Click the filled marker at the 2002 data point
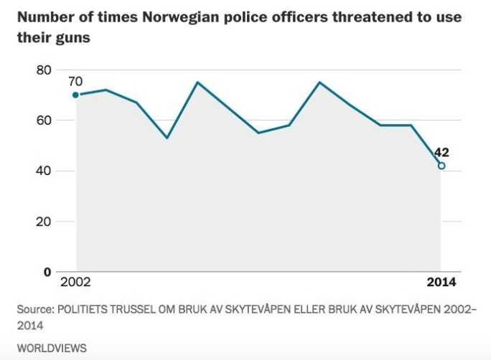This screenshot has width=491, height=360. tap(75, 95)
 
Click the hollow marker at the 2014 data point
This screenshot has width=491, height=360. tap(441, 166)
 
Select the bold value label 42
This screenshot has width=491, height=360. tap(442, 152)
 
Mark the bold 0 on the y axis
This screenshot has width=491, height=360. tap(48, 272)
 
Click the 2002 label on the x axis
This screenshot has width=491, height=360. tap(76, 283)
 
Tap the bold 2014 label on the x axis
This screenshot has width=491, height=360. tap(441, 283)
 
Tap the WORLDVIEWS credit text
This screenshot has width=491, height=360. tap(51, 348)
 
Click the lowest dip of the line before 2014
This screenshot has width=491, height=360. tap(167, 138)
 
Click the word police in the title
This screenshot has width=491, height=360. tap(238, 16)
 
